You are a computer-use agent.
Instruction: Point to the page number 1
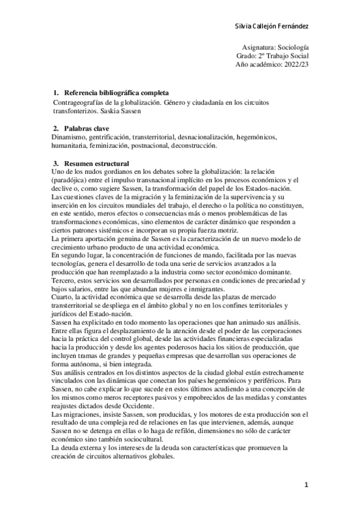coord(306,484)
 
